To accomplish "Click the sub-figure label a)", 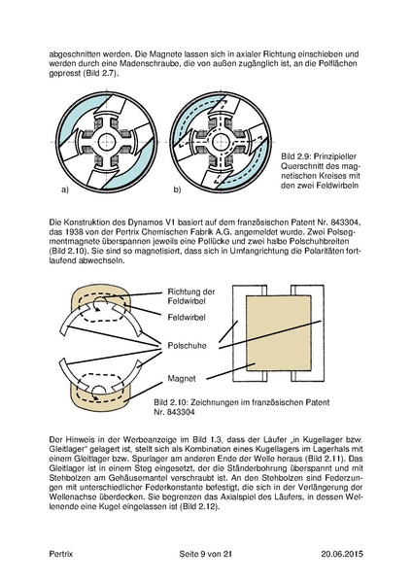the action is click(x=65, y=189).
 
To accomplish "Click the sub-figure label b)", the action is click(x=177, y=189).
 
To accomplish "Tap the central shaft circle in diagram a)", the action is click(x=107, y=142).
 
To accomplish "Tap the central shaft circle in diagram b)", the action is click(x=222, y=142).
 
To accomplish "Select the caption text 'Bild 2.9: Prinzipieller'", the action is click(x=319, y=156).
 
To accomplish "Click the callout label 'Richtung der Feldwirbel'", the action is click(x=191, y=296).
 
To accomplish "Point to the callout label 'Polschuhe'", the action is click(x=187, y=346).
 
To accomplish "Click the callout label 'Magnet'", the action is click(x=182, y=379).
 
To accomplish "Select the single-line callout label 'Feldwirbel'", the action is click(x=187, y=318).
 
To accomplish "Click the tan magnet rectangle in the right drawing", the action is click(x=279, y=333).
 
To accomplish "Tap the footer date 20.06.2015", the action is click(x=342, y=554).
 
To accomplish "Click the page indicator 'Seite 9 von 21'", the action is click(x=206, y=554).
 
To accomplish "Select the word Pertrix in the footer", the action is click(x=61, y=554).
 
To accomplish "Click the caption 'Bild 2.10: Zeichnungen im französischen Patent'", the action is click(x=242, y=402).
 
